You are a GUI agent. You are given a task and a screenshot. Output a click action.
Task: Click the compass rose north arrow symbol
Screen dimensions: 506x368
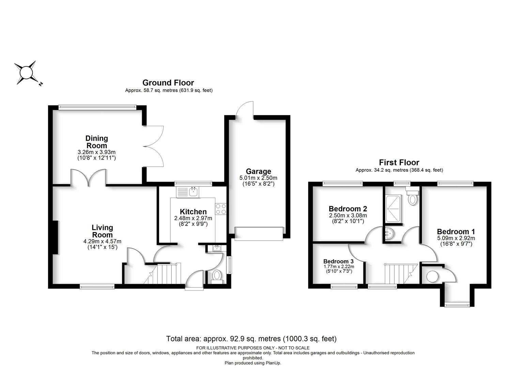click(27, 73)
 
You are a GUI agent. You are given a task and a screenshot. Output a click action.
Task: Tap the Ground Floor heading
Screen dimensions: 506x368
click(168, 83)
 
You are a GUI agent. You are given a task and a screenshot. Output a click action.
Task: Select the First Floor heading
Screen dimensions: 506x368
click(399, 163)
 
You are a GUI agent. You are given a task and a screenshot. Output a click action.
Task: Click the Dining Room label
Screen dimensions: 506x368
click(96, 142)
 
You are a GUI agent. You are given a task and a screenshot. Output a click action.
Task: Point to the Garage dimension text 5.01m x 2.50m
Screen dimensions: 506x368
click(258, 178)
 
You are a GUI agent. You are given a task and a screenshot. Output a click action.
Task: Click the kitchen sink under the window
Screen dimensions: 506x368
click(193, 192)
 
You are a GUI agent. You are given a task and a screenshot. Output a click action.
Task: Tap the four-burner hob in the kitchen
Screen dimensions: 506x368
click(221, 209)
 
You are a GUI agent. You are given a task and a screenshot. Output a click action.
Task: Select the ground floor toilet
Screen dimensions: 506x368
click(217, 277)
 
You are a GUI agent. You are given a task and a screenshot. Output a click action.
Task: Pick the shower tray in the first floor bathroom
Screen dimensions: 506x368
click(393, 209)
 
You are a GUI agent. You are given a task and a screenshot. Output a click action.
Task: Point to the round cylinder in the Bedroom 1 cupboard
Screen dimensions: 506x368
click(432, 276)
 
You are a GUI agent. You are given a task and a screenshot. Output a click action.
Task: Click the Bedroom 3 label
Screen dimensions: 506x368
click(338, 261)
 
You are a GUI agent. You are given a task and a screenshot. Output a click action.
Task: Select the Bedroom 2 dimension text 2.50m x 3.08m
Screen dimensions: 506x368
click(348, 215)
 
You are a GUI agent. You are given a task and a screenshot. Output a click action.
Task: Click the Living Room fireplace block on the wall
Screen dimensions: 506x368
click(55, 237)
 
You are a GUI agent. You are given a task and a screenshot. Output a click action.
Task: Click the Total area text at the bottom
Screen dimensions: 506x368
click(251, 339)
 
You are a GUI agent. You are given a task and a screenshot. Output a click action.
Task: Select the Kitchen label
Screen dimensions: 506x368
click(193, 212)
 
